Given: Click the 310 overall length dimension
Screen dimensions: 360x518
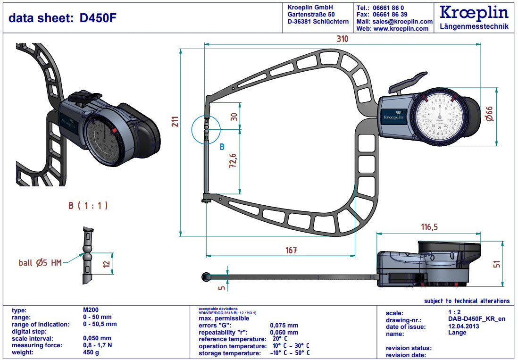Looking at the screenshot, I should coord(342,39).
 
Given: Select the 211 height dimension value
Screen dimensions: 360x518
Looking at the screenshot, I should coord(175,122).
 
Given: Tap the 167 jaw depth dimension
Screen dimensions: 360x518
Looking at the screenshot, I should coord(291,250).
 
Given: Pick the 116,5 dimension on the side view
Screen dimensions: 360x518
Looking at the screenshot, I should coord(429,227).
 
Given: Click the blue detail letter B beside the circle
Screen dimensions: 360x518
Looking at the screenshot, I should coord(222,147).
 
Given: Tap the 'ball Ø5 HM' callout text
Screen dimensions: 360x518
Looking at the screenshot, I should coord(40,263).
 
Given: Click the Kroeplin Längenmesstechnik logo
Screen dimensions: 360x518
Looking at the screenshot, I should coord(474,17).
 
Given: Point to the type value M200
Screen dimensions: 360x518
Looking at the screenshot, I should coord(91,310).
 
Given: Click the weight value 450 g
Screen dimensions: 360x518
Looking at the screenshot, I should coord(91,352).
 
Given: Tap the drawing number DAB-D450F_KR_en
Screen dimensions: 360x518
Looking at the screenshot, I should coord(476,319).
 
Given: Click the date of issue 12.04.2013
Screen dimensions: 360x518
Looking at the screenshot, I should coord(463,327).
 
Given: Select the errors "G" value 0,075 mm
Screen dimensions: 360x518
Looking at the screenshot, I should coord(284,325).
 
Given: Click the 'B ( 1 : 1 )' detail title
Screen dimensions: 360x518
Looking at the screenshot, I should coord(88,206).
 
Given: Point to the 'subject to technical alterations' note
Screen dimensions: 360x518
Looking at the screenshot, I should coord(467,301).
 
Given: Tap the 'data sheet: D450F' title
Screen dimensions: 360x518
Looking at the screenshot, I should coord(63,18).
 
